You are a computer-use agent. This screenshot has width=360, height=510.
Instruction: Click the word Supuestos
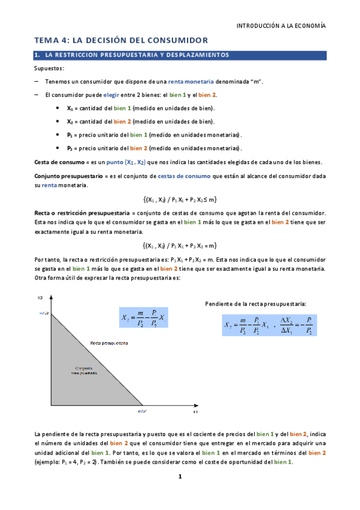point(49,69)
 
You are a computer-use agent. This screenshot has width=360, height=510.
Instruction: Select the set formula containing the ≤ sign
point(180,200)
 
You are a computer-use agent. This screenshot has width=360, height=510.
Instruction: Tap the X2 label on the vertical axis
point(40,298)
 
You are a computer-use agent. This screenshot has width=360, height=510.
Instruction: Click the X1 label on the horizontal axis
point(195,413)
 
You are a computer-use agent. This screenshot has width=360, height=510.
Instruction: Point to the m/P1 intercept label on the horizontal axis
point(142,411)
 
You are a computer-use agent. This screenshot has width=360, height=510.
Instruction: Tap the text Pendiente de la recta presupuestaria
point(255,304)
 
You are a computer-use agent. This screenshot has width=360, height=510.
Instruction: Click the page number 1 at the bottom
point(179,477)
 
